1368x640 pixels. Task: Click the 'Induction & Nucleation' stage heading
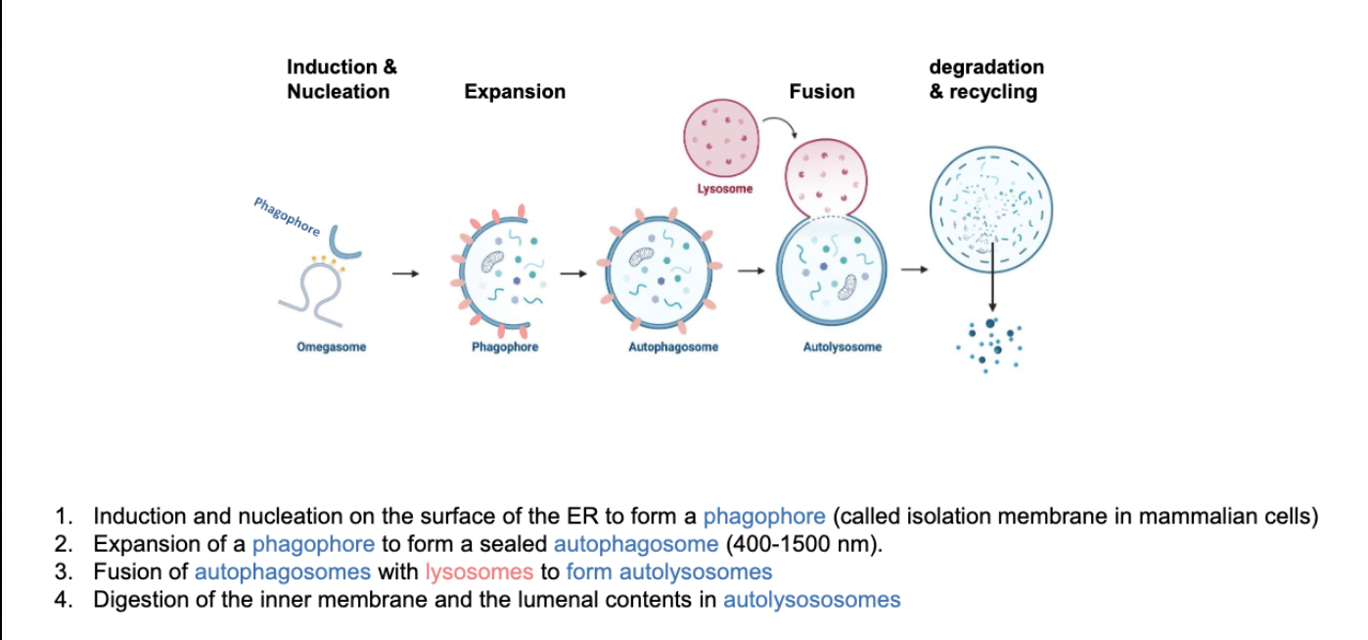tap(342, 79)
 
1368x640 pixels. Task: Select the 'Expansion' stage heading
tap(515, 92)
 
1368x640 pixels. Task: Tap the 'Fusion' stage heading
tap(821, 92)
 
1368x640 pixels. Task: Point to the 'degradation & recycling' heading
tap(985, 79)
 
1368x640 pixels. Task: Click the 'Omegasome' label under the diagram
tap(332, 347)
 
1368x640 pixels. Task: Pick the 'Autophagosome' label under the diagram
tap(673, 347)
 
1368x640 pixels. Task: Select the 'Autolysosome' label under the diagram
tap(842, 347)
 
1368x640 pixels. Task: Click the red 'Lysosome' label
tap(725, 188)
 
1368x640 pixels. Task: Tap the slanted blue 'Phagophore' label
tap(287, 216)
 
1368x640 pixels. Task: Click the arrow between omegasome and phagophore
tap(404, 274)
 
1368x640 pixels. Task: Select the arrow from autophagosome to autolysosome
tap(751, 270)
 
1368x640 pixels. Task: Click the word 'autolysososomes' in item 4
tap(811, 600)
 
